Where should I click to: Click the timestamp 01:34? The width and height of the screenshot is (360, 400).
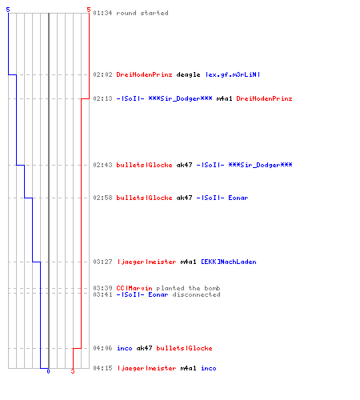102,13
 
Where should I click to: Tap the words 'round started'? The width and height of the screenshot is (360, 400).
142,13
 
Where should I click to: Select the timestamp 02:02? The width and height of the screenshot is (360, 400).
102,74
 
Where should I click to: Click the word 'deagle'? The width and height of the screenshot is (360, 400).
188,74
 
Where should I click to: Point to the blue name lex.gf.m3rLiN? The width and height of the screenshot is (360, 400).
233,74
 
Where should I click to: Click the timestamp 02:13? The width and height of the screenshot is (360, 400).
102,98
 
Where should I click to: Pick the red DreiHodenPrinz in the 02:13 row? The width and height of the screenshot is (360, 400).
264,98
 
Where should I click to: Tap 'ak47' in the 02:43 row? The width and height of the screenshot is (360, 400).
184,165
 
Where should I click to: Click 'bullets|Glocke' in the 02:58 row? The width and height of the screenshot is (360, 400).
144,198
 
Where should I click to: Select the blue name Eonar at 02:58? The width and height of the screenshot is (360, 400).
238,198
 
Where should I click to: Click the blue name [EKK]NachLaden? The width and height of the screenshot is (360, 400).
229,262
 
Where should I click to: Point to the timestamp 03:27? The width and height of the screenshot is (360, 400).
102,262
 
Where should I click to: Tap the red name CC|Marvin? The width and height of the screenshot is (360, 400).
134,288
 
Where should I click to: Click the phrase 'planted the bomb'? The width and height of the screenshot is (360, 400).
188,288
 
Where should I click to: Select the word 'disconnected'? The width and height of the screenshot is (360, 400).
196,294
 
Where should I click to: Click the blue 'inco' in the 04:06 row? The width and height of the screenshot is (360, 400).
125,348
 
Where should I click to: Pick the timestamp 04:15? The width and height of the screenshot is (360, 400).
102,368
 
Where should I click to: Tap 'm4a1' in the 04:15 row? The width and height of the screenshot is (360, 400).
188,368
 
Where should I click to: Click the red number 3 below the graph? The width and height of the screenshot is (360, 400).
73,371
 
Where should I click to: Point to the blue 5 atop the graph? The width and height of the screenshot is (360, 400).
8,10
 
